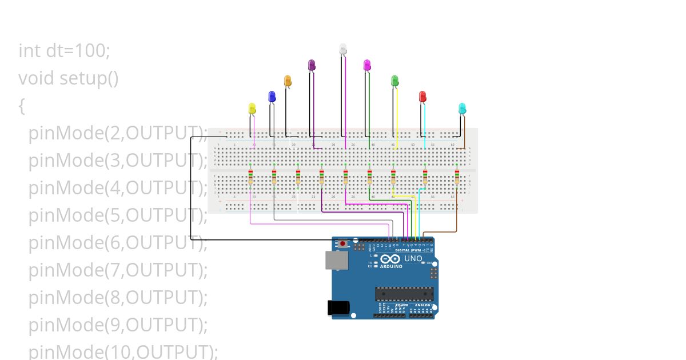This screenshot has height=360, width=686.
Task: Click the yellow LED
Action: coord(252,108)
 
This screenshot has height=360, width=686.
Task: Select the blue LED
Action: coord(272,96)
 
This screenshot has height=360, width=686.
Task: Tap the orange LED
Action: coord(288,81)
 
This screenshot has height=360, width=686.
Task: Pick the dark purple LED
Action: coord(312,65)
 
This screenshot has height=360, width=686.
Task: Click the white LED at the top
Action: coord(343,49)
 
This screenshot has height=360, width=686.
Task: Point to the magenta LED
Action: coord(367,65)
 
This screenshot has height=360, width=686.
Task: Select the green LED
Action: coord(394,81)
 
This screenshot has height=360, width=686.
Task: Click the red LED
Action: coord(422,96)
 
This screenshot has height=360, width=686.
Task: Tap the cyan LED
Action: coord(462,108)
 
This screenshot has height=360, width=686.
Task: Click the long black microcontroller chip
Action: coord(404,293)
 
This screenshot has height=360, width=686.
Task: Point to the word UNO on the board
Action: coord(413,259)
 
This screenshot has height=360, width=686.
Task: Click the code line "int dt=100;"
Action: coord(64,50)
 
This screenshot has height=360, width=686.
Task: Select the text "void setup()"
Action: coord(69,78)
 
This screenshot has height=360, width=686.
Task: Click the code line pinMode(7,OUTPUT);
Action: coord(118,270)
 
